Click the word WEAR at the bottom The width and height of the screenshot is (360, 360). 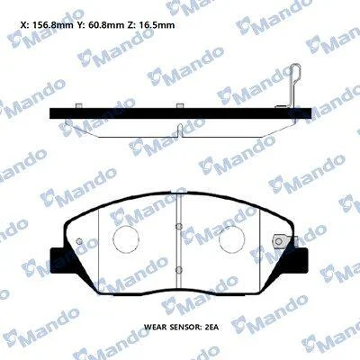point(155,327)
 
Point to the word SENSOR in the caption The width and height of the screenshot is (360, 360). point(183,327)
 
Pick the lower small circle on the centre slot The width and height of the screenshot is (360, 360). point(179,269)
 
